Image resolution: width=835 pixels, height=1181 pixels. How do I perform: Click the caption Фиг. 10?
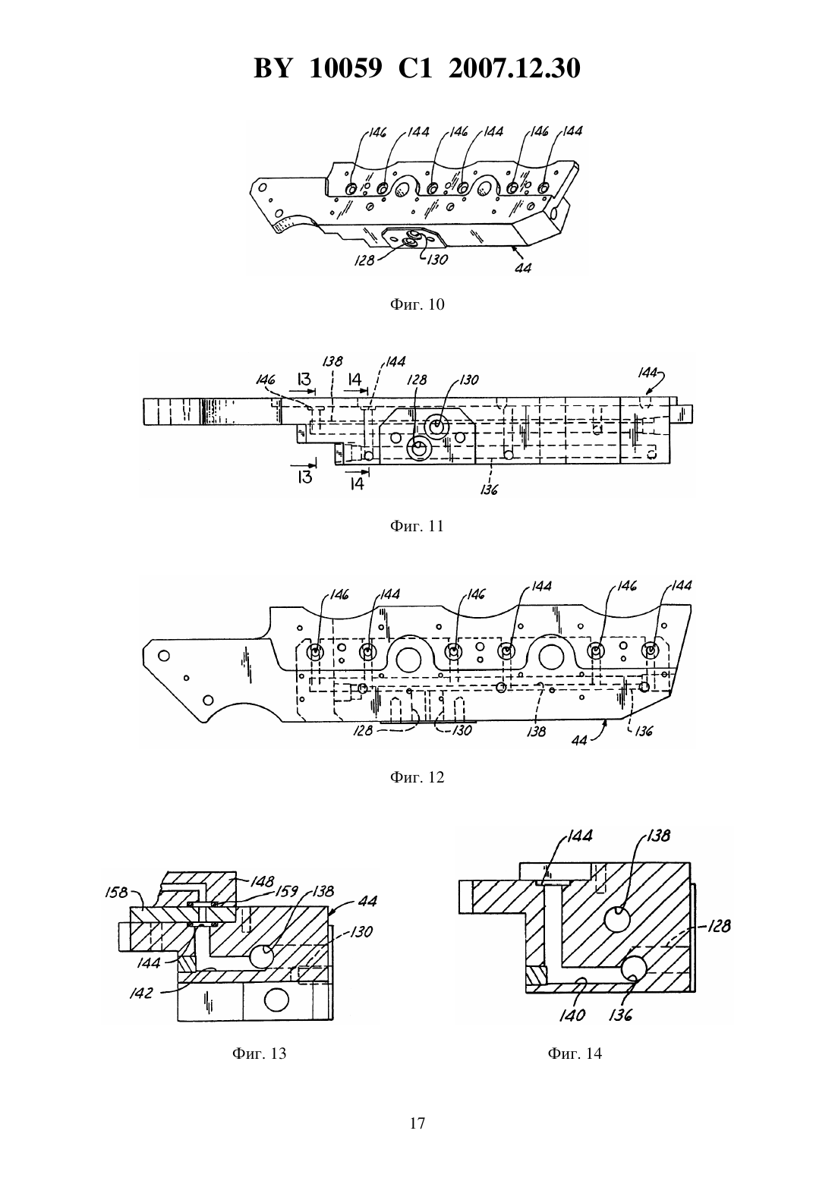(x=417, y=305)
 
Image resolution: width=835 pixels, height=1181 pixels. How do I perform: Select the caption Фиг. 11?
(x=417, y=526)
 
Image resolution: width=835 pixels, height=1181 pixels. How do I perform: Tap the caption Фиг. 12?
(x=417, y=777)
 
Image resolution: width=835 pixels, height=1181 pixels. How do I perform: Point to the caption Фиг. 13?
(x=259, y=1053)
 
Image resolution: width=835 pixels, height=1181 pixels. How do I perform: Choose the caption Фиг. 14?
(x=575, y=1053)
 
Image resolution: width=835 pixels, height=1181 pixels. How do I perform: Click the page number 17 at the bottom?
(x=417, y=1123)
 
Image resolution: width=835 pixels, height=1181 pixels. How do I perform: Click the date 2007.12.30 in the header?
(x=515, y=68)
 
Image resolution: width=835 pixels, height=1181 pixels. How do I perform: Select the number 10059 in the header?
(x=345, y=68)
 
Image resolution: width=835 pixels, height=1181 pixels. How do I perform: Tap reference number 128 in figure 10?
(x=364, y=260)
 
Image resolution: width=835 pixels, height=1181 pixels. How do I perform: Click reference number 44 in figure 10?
(x=523, y=268)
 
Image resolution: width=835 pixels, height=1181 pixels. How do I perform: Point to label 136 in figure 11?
(x=489, y=490)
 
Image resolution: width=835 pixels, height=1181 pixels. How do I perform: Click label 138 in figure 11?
(x=332, y=361)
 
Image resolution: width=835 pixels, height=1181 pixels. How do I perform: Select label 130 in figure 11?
(x=468, y=379)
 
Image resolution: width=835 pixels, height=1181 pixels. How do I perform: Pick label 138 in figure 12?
(x=536, y=732)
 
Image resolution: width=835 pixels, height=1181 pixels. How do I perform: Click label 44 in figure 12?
(x=578, y=740)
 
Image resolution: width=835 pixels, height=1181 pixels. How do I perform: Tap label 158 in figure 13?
(x=116, y=893)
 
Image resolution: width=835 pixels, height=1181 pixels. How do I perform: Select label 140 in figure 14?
(x=572, y=1015)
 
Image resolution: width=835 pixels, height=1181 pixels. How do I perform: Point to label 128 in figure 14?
(x=719, y=926)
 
